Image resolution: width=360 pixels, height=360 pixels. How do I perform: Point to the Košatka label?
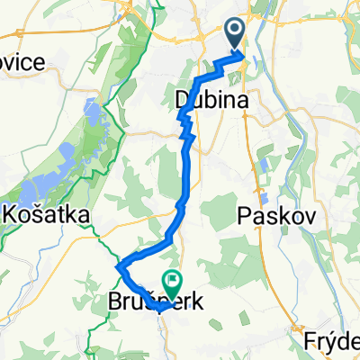point(47,215)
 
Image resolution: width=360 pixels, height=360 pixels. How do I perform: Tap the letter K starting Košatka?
point(13,215)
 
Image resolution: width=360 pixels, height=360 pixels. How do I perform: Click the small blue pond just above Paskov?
point(264,196)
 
